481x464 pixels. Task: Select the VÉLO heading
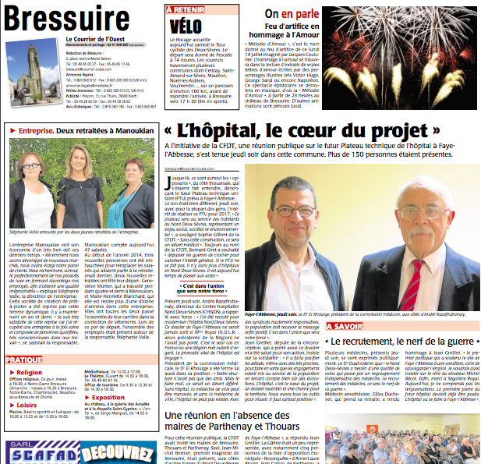point(185,26)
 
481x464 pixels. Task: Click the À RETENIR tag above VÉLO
point(185,10)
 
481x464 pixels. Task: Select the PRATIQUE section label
point(25,360)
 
